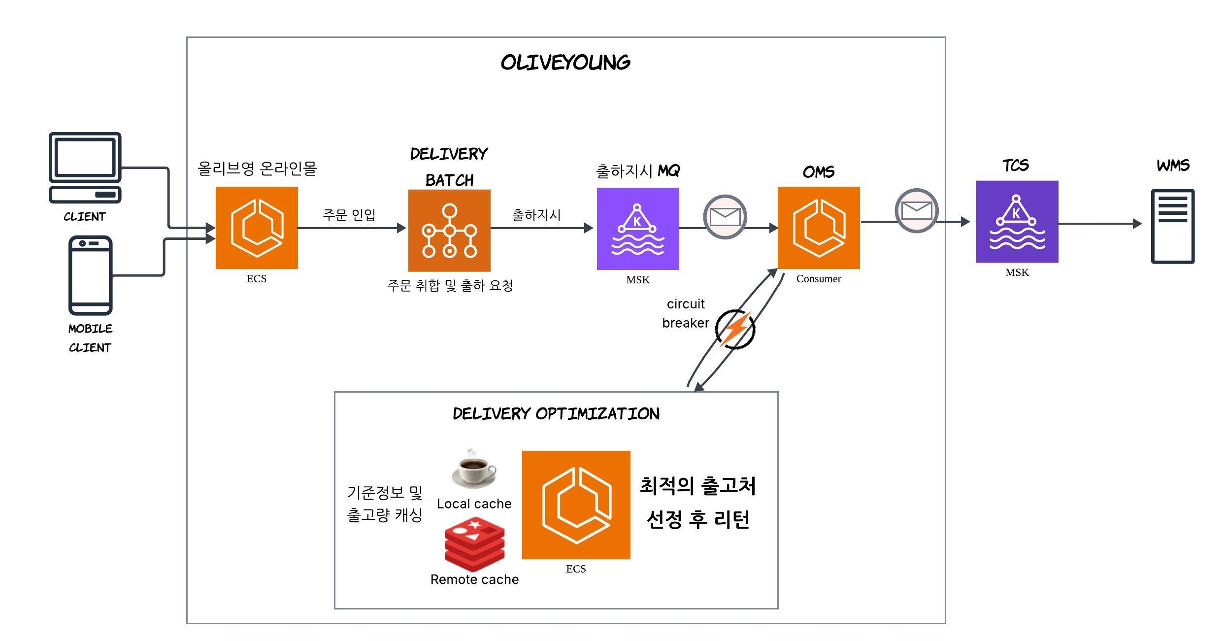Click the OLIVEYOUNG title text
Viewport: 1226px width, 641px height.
click(x=565, y=63)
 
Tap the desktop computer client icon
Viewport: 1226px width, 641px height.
click(x=85, y=167)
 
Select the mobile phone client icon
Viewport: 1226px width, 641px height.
click(x=91, y=275)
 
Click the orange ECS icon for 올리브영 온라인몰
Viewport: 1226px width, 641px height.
click(x=257, y=228)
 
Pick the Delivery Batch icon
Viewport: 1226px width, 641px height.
click(x=449, y=231)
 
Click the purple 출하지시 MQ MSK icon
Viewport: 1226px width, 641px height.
click(x=638, y=229)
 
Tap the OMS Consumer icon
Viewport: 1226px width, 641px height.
click(x=819, y=228)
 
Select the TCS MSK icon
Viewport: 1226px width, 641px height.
click(x=1017, y=222)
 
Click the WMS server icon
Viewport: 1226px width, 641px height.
click(x=1173, y=226)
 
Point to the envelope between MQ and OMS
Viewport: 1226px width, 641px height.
click(x=725, y=217)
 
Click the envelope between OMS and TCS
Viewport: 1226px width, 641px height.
click(x=916, y=210)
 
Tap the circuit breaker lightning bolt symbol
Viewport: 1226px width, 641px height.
click(x=735, y=329)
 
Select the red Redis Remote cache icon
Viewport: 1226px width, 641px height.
click(x=474, y=543)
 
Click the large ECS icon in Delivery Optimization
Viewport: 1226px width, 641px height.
click(x=576, y=505)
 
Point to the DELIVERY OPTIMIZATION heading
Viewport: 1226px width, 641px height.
click(x=556, y=414)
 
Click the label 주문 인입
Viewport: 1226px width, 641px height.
click(x=349, y=215)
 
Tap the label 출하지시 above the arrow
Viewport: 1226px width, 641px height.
click(x=536, y=215)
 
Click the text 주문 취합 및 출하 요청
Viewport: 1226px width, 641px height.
click(x=450, y=285)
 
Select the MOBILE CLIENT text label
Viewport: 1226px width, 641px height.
click(x=90, y=338)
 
